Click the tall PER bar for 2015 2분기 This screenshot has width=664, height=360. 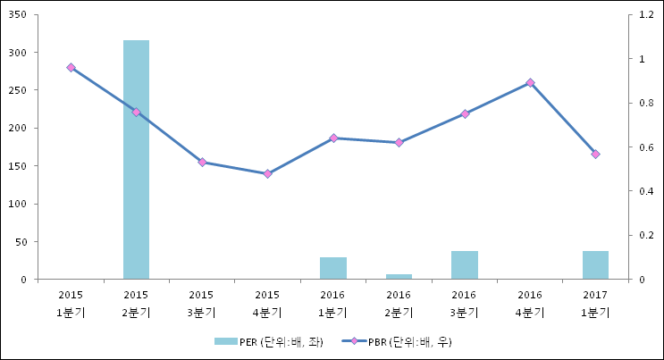(x=136, y=161)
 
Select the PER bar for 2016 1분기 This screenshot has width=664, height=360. (x=333, y=268)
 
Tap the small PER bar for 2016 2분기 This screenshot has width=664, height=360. (x=399, y=277)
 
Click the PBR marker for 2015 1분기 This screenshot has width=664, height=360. (x=71, y=68)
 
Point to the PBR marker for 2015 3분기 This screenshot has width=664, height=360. (x=202, y=162)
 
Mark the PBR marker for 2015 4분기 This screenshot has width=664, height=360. (x=267, y=173)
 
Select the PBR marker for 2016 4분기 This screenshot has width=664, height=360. (x=530, y=82)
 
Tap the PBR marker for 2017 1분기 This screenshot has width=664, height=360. (x=595, y=155)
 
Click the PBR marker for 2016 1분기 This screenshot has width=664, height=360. (x=333, y=138)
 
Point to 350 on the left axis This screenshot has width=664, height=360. (x=18, y=15)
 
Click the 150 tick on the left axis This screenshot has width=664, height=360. (x=18, y=166)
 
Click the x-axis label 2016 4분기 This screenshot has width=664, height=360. (x=530, y=303)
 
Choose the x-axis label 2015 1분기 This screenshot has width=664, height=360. (x=71, y=303)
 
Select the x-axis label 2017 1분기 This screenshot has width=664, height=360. (x=595, y=303)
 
